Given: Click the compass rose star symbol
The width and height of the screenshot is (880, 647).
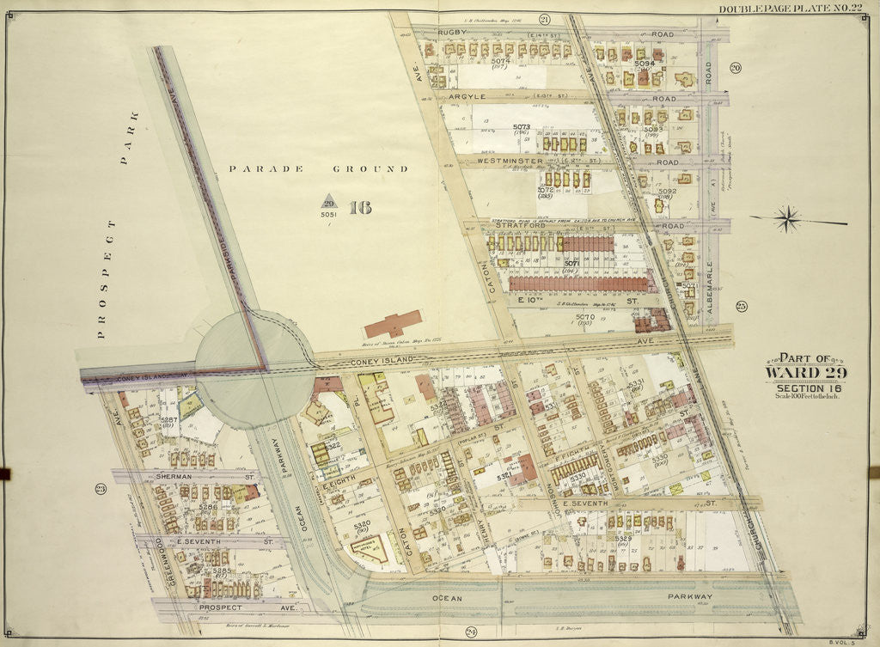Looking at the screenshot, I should [x=787, y=220].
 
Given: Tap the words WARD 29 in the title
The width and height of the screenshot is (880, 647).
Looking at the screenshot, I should [x=805, y=372].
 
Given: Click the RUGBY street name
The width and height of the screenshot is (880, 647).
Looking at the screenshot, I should [x=452, y=32].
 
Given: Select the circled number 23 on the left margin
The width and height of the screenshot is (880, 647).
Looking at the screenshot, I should [x=100, y=490].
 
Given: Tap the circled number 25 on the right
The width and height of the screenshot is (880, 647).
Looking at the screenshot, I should [x=741, y=306].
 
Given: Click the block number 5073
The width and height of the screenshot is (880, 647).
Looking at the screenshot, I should [x=522, y=128].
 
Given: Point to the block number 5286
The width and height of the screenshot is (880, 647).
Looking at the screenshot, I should [x=208, y=507].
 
